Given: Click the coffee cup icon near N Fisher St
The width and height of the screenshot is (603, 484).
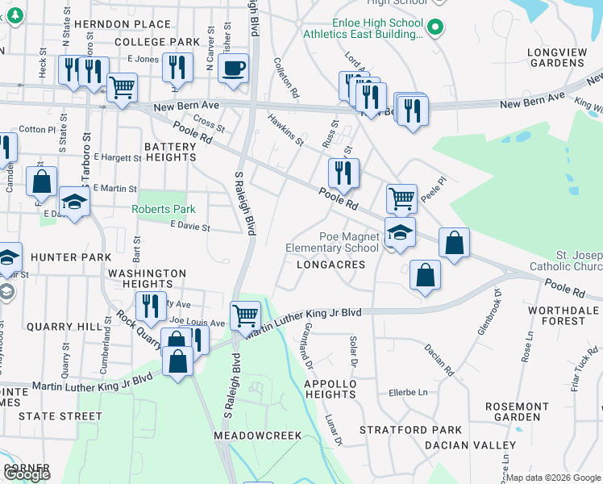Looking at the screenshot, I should click(233, 68).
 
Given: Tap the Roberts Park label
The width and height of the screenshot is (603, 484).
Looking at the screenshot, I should click(164, 209).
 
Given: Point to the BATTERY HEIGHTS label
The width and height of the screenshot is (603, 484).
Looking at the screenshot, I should click(170, 152).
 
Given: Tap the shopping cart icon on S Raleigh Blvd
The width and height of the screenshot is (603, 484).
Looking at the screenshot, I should click(245, 315).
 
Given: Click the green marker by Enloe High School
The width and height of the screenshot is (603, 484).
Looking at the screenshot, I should click(435, 27).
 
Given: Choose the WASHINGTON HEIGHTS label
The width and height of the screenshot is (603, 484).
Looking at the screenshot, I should click(148, 279).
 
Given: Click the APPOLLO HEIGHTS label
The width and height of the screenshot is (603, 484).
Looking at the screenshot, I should click(330, 389).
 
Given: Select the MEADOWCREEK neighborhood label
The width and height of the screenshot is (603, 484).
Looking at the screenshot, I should click(257, 435).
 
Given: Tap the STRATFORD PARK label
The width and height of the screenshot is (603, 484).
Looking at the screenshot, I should click(411, 430).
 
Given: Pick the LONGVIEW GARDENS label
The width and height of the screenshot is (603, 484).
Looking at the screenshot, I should click(556, 57).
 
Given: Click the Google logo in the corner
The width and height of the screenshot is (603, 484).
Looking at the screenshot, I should click(27, 474).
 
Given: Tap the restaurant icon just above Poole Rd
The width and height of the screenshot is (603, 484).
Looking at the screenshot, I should click(343, 172).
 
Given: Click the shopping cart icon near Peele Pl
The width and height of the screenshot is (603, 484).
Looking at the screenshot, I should click(401, 198).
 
